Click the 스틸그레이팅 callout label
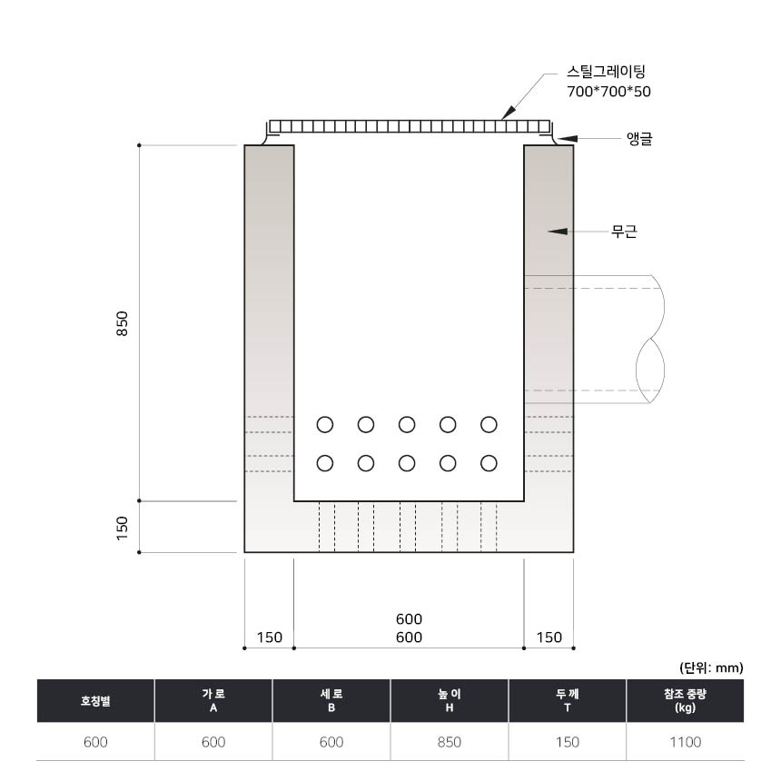tap(606, 72)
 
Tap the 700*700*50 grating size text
tap(608, 92)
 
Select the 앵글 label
tap(639, 138)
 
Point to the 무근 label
tap(624, 232)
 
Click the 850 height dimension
tap(122, 323)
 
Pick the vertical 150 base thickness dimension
tap(122, 528)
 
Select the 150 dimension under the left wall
tap(270, 637)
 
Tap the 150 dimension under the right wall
tap(549, 637)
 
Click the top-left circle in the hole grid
tap(325, 425)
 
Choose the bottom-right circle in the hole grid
tap(489, 463)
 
